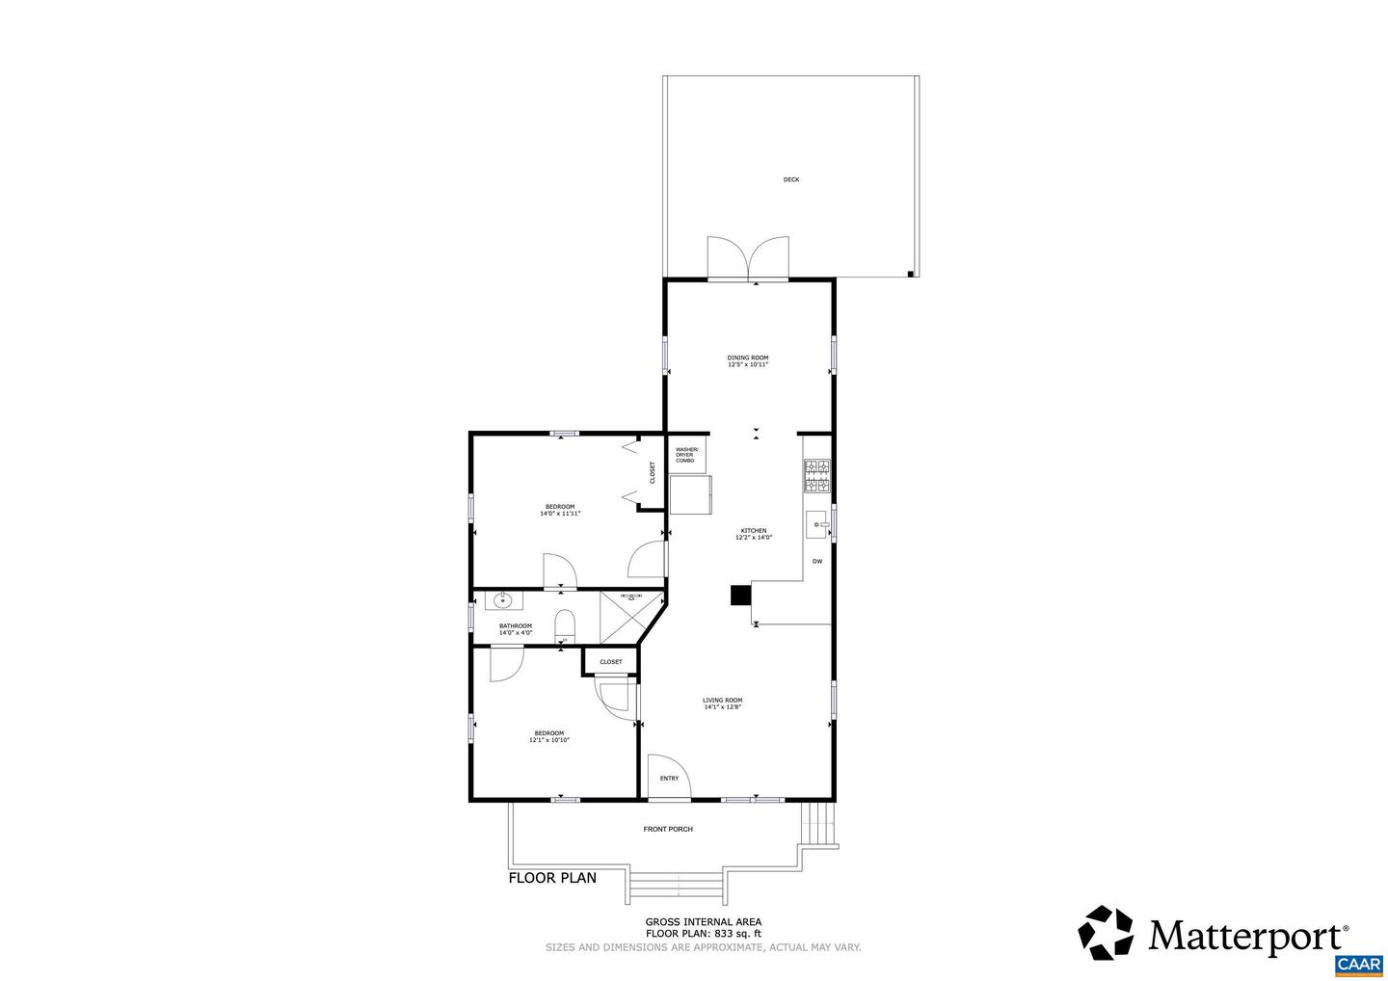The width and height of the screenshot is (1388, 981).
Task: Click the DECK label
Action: [790, 179]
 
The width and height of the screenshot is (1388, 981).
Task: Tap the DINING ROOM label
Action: [747, 358]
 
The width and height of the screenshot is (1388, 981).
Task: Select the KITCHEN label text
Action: [753, 531]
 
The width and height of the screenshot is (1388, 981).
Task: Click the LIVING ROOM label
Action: [722, 701]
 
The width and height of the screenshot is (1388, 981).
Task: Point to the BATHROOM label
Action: [515, 626]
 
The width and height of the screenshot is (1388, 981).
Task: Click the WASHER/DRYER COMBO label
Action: [685, 455]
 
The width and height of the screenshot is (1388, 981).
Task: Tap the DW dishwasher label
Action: [816, 561]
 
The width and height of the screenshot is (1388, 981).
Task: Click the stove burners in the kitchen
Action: [817, 476]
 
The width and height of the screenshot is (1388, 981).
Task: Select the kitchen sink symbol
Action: [817, 524]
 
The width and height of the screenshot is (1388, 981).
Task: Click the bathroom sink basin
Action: [502, 601]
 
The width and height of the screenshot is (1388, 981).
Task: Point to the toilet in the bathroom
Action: [565, 625]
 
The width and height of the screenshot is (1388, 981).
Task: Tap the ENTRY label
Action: [669, 779]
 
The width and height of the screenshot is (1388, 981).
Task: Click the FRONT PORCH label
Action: [668, 829]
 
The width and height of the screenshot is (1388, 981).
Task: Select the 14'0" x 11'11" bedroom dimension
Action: [560, 514]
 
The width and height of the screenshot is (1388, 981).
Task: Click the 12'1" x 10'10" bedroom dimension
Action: [549, 740]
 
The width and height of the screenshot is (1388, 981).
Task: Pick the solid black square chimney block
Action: [740, 596]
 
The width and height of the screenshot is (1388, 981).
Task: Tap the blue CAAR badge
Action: [1358, 965]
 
